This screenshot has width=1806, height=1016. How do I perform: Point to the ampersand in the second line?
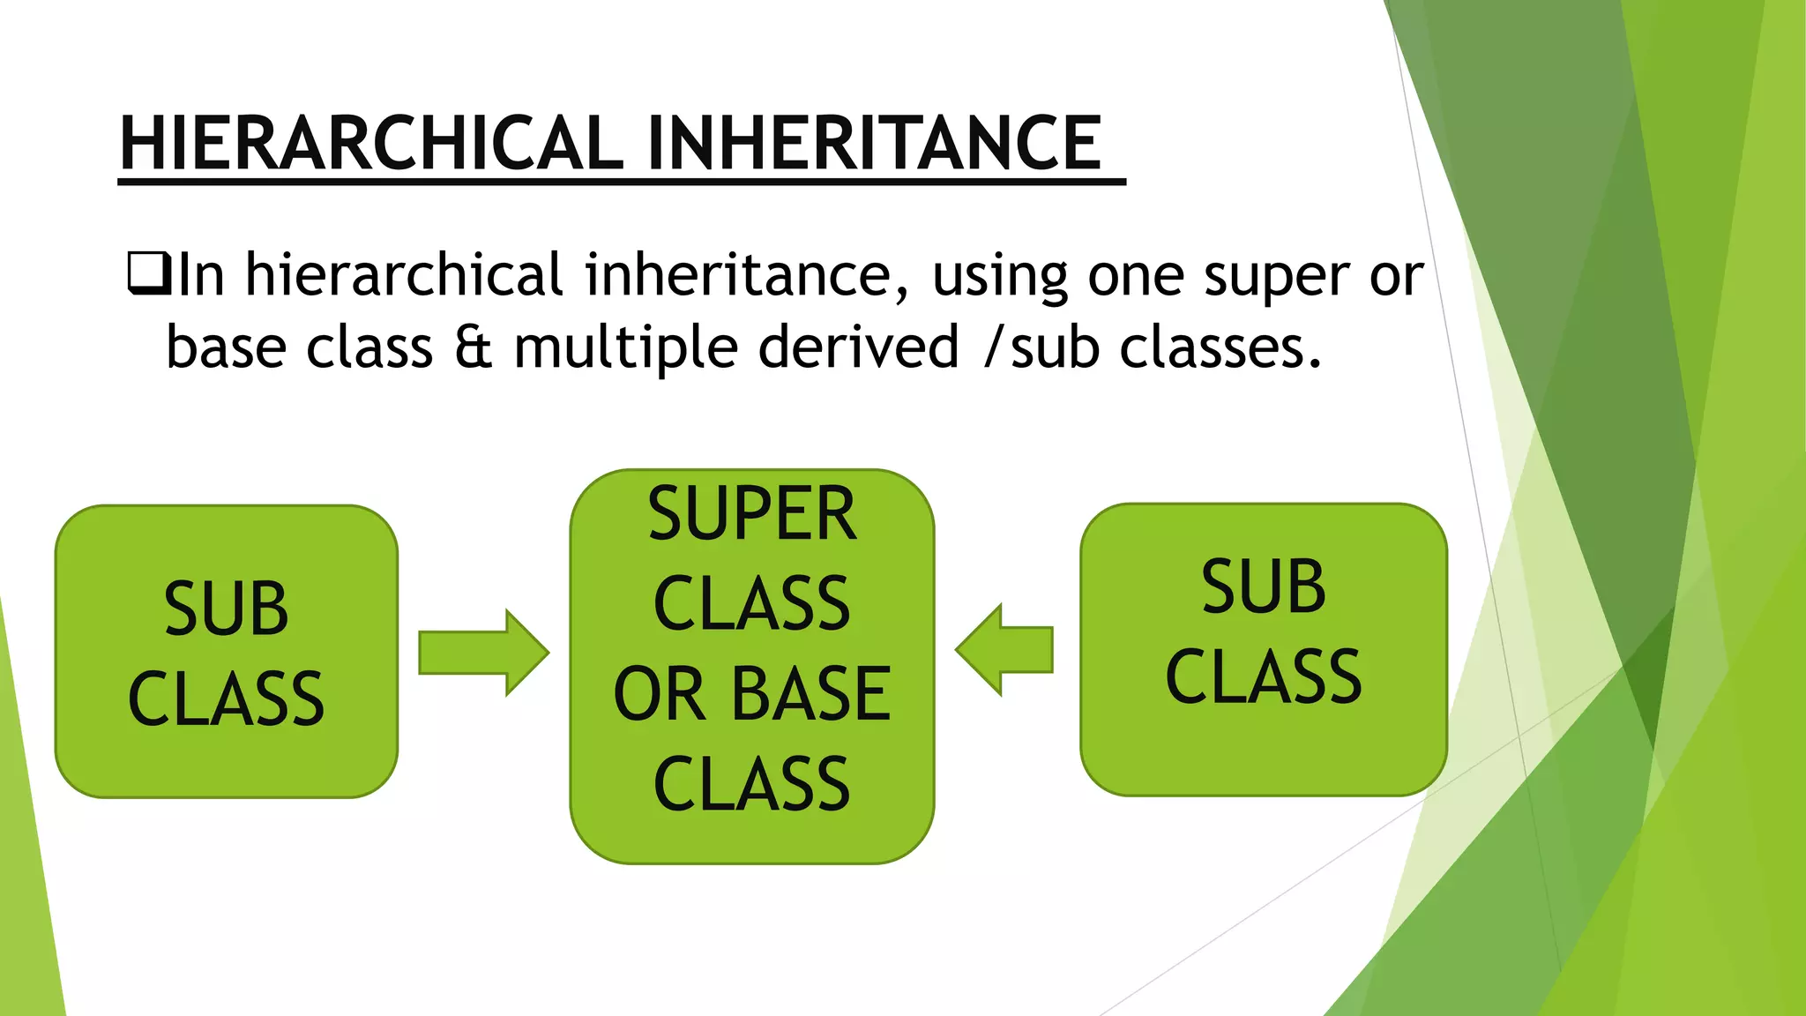(474, 347)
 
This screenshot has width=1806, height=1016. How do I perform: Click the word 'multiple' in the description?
(625, 347)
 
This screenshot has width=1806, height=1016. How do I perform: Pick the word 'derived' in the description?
(858, 347)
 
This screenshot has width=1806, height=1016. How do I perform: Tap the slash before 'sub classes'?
(994, 347)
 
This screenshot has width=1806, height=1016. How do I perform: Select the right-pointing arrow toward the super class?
(483, 653)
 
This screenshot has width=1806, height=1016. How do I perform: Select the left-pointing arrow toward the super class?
(1004, 650)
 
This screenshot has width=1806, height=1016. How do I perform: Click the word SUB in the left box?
(226, 609)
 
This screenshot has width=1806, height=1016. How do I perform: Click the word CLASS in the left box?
(226, 698)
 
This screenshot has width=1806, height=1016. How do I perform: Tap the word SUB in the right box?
(1263, 586)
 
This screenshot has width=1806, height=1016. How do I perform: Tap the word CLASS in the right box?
(1263, 676)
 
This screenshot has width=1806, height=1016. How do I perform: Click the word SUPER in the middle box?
(751, 513)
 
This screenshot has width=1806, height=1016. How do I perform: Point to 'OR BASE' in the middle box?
(751, 694)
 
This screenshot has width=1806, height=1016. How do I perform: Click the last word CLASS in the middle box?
(751, 784)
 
